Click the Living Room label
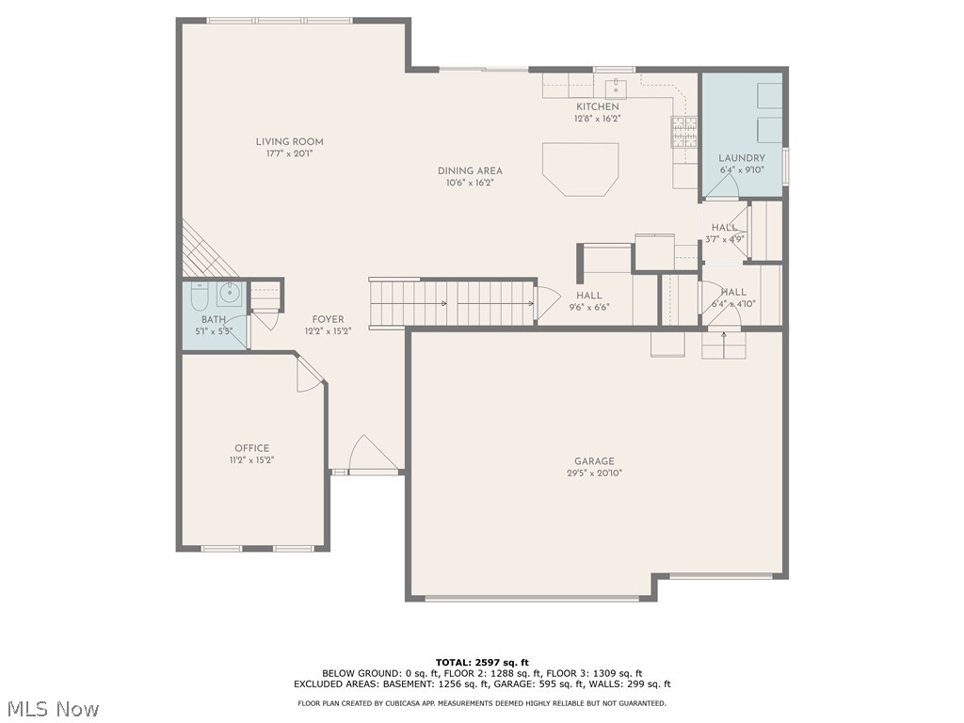pos(289,142)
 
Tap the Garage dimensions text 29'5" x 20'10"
pos(594,474)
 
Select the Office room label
pos(251,448)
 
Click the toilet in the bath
pos(199,297)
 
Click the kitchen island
pos(580,169)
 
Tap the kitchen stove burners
pos(683,132)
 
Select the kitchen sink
pos(616,89)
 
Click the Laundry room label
pos(742,158)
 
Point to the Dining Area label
pos(470,170)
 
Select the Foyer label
pos(328,320)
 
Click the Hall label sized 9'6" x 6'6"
pos(589,296)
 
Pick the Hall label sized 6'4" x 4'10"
pos(733,293)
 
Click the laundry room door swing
pos(721,188)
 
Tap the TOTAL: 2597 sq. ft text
pos(481,662)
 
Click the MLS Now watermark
pos(52,708)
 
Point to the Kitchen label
pos(598,107)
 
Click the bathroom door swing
pos(264,318)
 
